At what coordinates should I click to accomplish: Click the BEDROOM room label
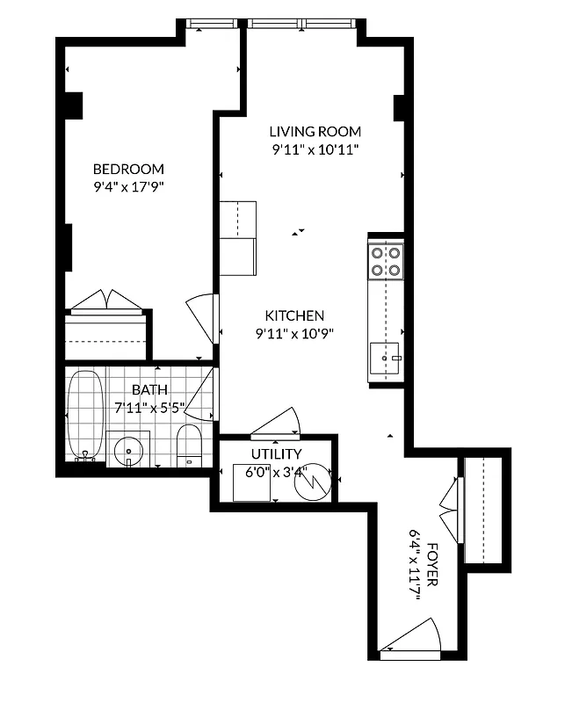(129, 169)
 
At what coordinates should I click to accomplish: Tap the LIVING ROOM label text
(315, 132)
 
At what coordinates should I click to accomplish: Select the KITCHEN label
(295, 315)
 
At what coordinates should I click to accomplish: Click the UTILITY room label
(277, 454)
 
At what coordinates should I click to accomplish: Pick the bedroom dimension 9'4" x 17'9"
(129, 186)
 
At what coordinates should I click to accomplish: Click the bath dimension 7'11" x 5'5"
(149, 408)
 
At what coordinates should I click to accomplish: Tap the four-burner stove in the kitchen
(386, 261)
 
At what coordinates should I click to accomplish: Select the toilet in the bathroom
(189, 446)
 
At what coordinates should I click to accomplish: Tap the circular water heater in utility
(312, 483)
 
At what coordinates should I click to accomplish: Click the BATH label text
(149, 390)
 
